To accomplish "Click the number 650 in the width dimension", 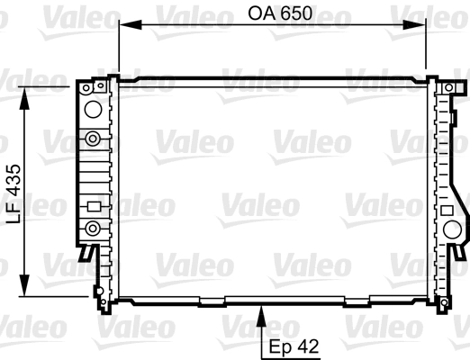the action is coord(296,13).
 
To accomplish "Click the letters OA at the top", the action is coord(262,13).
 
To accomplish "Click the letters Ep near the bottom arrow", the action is coord(280,347).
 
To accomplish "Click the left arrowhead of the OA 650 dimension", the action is coord(131,24).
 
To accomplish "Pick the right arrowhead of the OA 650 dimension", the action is coord(414,24).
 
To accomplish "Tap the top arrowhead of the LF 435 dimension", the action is coord(24,98).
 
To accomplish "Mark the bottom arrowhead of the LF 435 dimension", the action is coord(24,285).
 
